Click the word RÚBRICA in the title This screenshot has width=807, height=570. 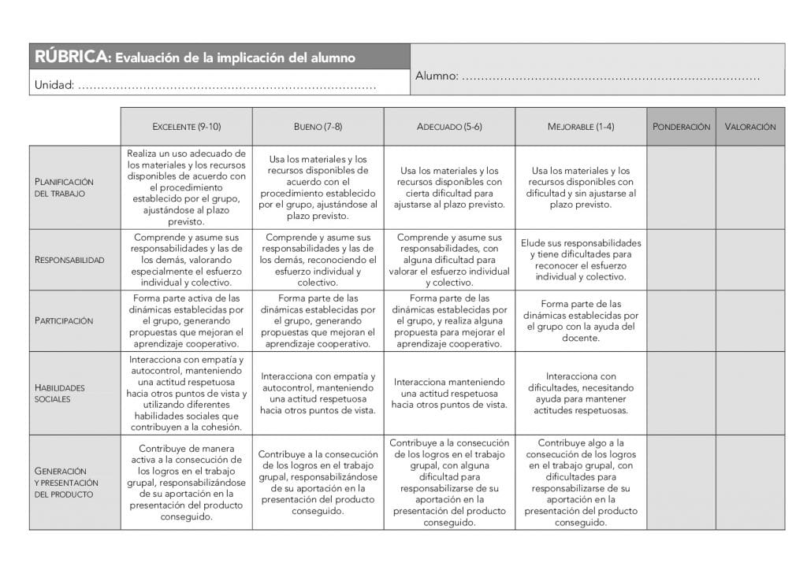pyautogui.click(x=69, y=57)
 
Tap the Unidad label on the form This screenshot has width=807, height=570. pyautogui.click(x=54, y=84)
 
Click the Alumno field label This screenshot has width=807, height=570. pyautogui.click(x=436, y=76)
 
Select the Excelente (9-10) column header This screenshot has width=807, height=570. pyautogui.click(x=186, y=127)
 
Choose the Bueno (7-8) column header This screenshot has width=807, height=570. pyautogui.click(x=318, y=127)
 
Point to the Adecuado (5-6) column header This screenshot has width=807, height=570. pyautogui.click(x=449, y=127)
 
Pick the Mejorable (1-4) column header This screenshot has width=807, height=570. pyautogui.click(x=581, y=127)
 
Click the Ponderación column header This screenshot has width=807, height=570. pyautogui.click(x=681, y=127)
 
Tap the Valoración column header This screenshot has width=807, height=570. pyautogui.click(x=750, y=127)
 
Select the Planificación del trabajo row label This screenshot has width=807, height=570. pyautogui.click(x=64, y=187)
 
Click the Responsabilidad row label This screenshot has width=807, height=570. pyautogui.click(x=69, y=260)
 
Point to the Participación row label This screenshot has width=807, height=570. pyautogui.click(x=64, y=321)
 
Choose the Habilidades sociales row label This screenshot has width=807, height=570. pyautogui.click(x=60, y=393)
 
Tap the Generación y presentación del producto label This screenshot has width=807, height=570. pyautogui.click(x=66, y=482)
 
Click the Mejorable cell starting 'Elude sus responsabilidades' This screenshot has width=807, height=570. pyautogui.click(x=581, y=260)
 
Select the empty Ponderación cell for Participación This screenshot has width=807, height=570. pyautogui.click(x=681, y=321)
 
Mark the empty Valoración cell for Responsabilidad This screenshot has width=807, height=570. pyautogui.click(x=750, y=260)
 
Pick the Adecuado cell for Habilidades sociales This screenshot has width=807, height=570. pyautogui.click(x=449, y=393)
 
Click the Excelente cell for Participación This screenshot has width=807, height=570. pyautogui.click(x=186, y=321)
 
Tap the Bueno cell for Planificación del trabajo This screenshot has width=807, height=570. pyautogui.click(x=318, y=187)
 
